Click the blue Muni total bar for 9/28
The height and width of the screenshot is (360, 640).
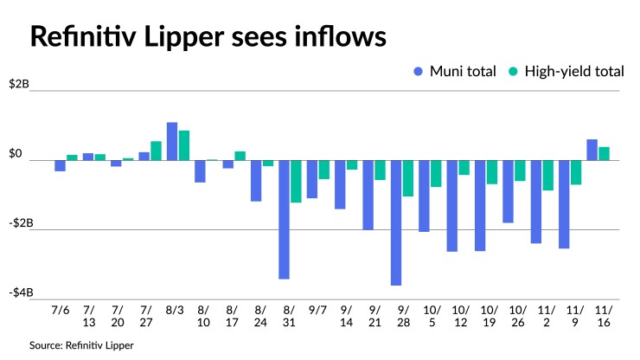coord(396,222)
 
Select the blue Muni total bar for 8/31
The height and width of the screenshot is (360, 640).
coord(284,219)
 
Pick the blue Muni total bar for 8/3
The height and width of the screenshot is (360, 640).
coord(172,141)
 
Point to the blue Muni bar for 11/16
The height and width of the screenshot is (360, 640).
coord(592,150)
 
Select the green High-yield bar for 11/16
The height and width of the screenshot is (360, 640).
coord(605,153)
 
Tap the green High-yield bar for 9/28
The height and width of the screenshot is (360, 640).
coord(408,178)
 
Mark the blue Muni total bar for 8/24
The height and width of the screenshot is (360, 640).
coord(256,180)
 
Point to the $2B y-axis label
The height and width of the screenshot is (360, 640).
coord(19,85)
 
